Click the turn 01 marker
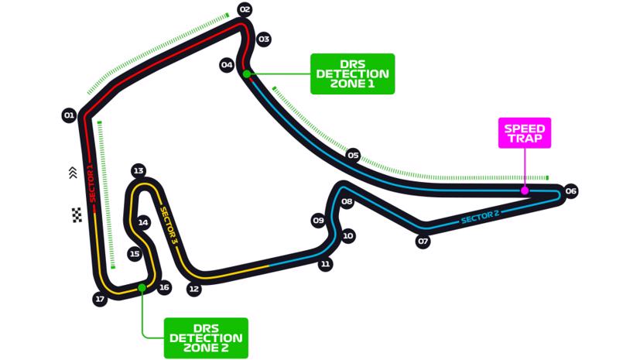click(69, 116)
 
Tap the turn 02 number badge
click(245, 10)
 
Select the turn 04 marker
click(227, 65)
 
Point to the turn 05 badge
click(354, 155)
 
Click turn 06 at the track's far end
click(571, 191)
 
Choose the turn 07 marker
click(423, 242)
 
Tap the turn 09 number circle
click(318, 221)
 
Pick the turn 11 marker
click(326, 264)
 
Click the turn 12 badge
click(194, 290)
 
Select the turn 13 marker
click(139, 170)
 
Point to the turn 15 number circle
click(135, 253)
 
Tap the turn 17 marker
click(99, 299)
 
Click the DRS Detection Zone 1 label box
click(352, 74)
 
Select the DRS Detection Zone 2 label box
click(206, 338)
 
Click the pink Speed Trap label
click(525, 134)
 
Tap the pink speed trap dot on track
click(525, 190)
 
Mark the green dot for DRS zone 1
click(246, 74)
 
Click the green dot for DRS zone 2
click(142, 288)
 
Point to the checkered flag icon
click(77, 215)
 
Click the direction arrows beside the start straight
click(74, 173)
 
